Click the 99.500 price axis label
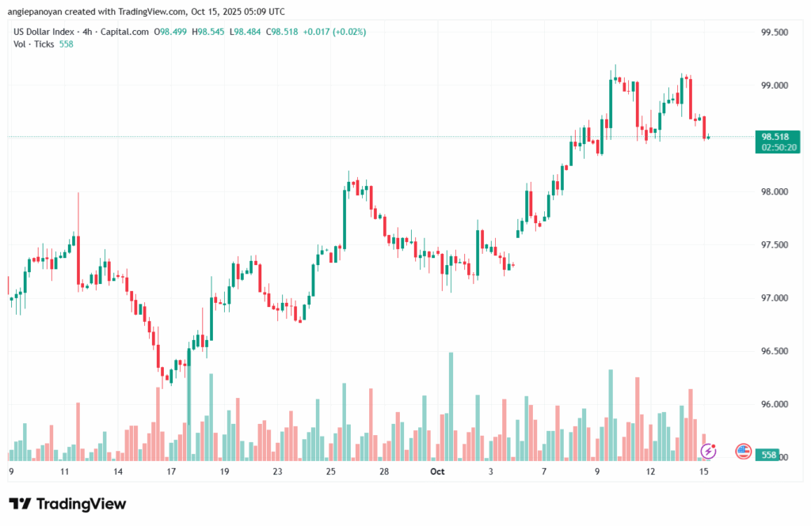tap(775, 32)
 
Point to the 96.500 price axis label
tap(775, 351)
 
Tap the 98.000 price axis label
tap(775, 191)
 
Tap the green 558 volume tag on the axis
tap(767, 456)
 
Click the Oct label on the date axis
tap(437, 472)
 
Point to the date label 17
tap(170, 472)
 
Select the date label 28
tap(383, 472)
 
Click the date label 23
tap(277, 472)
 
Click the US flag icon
tap(743, 451)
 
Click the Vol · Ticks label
tap(33, 44)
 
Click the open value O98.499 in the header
tap(171, 32)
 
